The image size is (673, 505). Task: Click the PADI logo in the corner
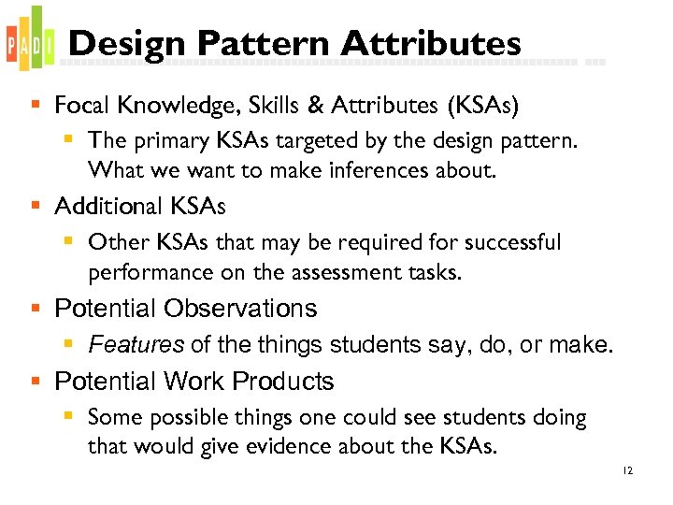pyautogui.click(x=25, y=40)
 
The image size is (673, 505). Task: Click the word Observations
pyautogui.click(x=240, y=309)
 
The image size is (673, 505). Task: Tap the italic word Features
pyautogui.click(x=136, y=345)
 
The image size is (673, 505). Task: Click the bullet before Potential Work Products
pyautogui.click(x=36, y=382)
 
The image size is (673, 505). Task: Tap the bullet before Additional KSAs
pyautogui.click(x=36, y=206)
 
